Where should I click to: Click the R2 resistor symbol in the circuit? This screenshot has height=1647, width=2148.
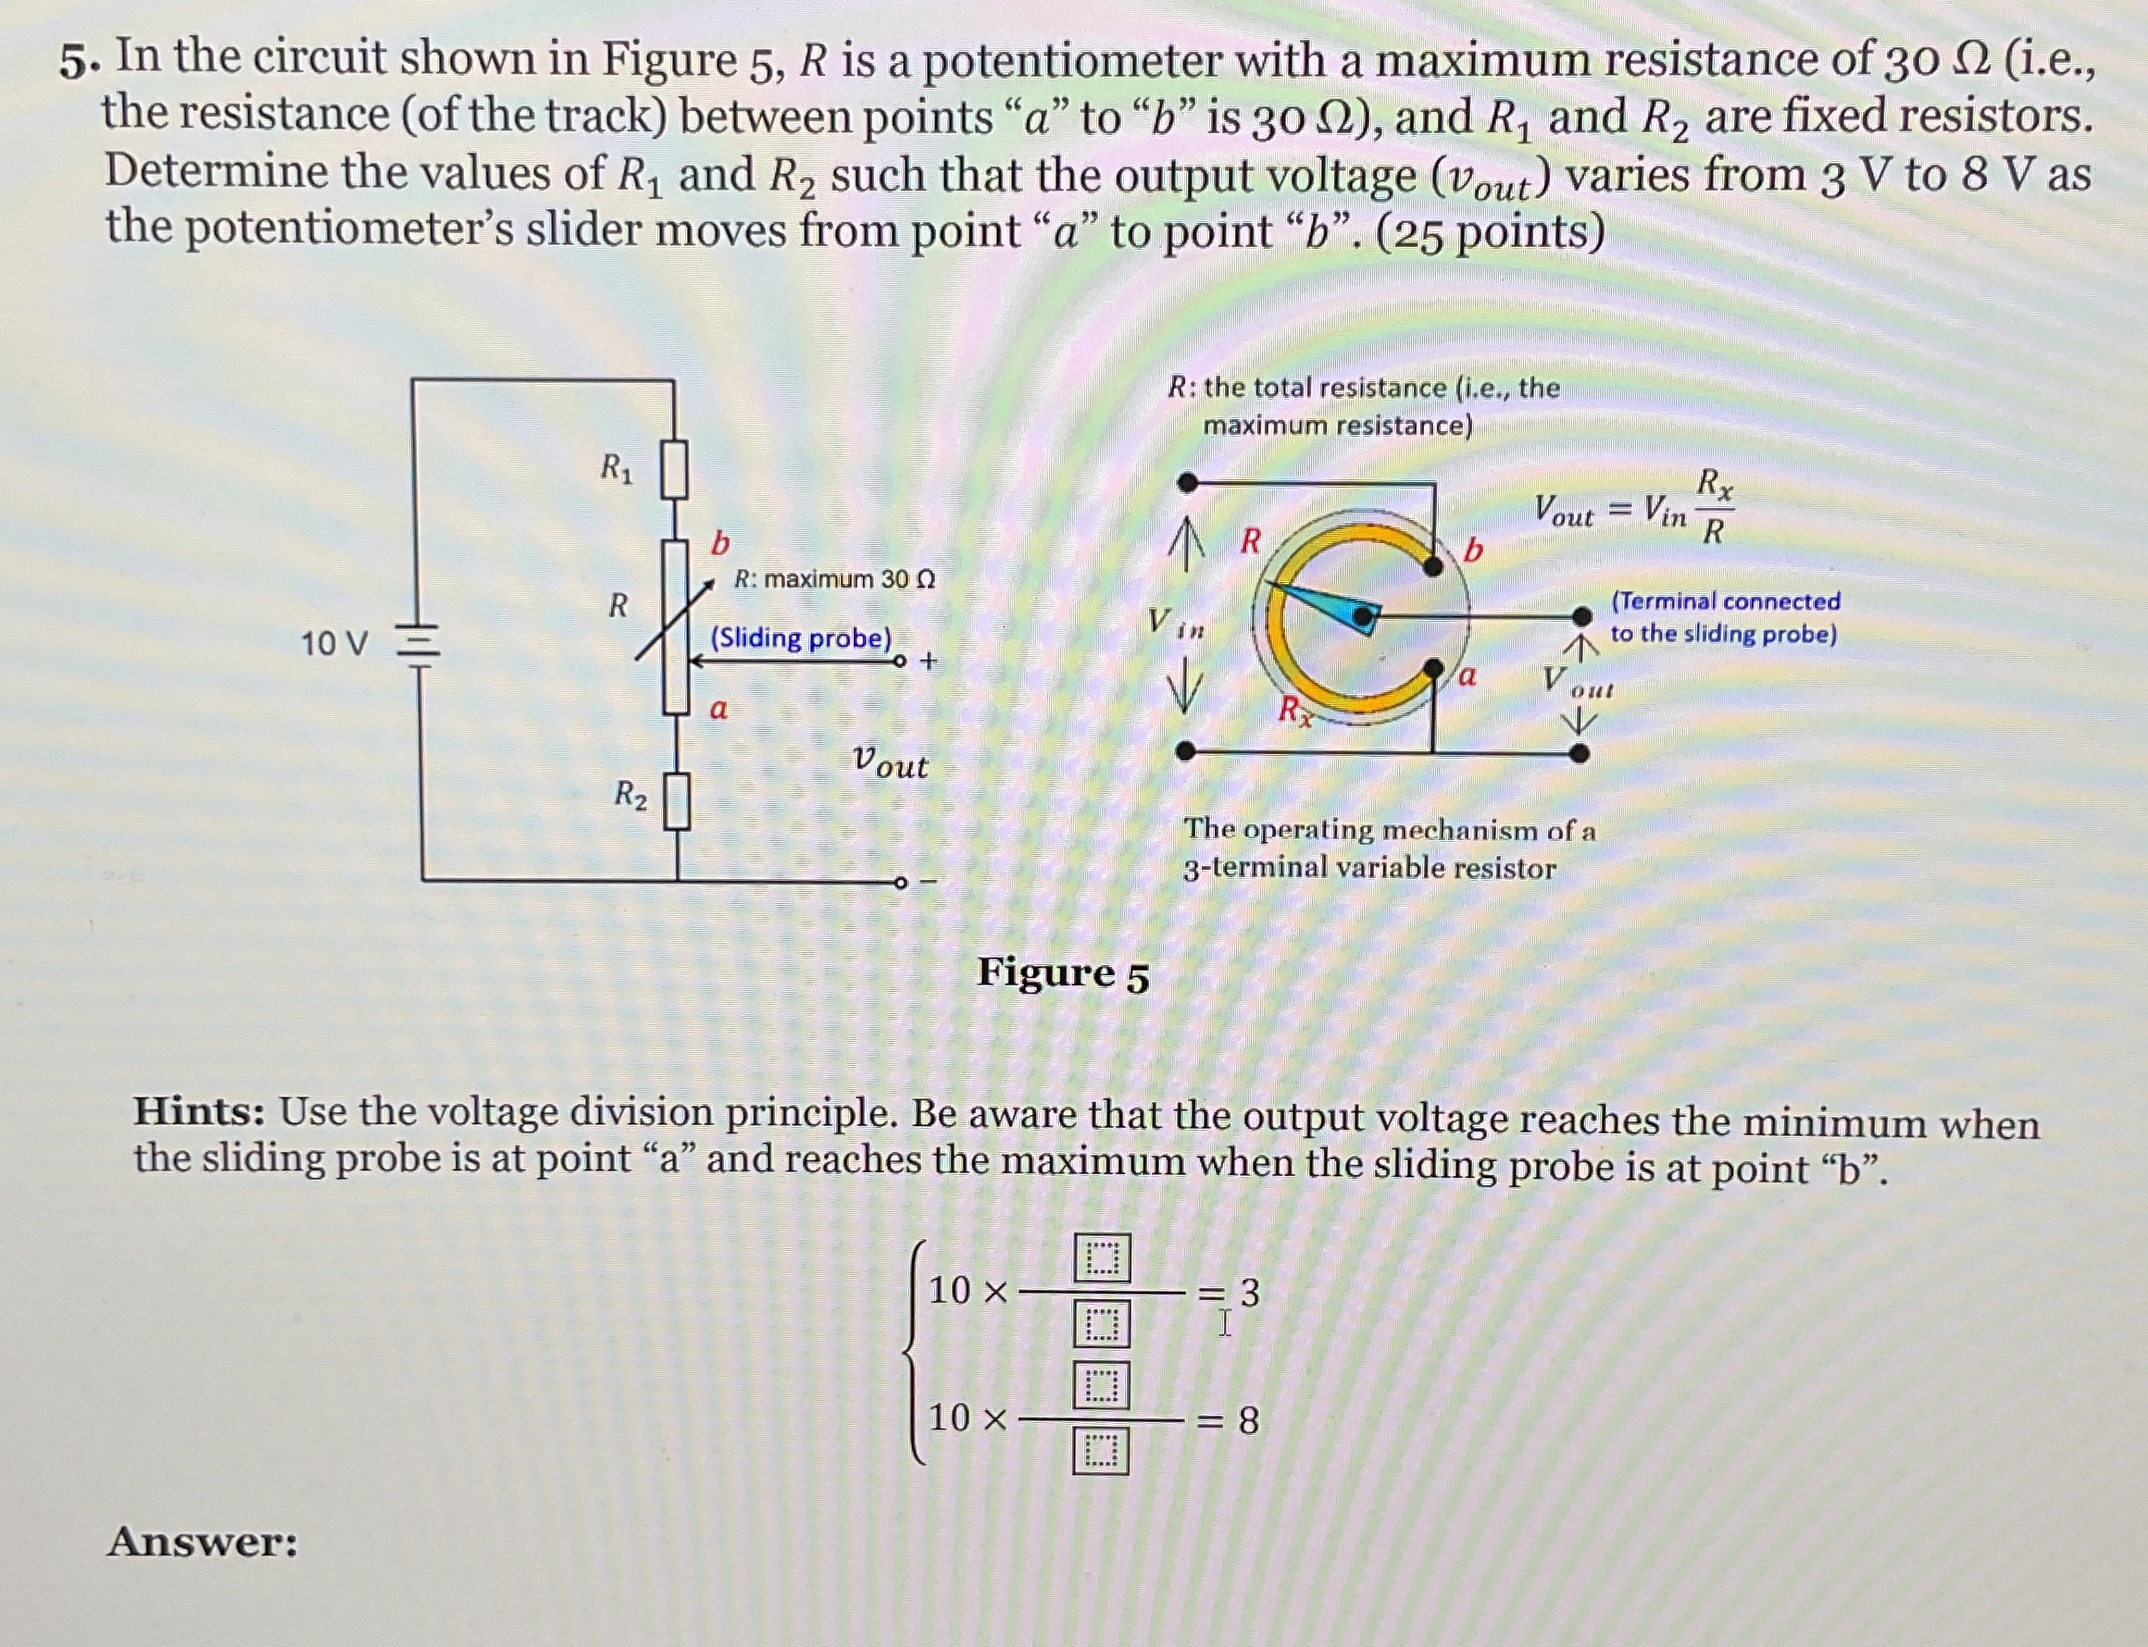(677, 802)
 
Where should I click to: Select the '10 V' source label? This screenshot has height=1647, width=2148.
(333, 645)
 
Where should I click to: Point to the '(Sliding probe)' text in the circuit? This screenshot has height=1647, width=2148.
(800, 638)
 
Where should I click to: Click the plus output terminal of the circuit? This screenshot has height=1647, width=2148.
(900, 662)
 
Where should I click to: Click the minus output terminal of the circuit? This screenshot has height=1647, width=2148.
(900, 884)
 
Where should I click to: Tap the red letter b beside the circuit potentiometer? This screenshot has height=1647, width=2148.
(720, 543)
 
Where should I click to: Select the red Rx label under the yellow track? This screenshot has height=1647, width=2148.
(1295, 710)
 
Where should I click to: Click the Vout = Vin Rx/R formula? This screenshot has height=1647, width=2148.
(1633, 508)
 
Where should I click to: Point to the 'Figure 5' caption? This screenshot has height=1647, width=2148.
(1062, 974)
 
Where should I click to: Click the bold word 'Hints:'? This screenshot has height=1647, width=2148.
(199, 1113)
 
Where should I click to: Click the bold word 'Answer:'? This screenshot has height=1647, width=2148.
(202, 1542)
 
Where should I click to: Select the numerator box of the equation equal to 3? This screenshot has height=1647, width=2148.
(1103, 1257)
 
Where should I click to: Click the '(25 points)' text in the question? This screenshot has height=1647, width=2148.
(1491, 233)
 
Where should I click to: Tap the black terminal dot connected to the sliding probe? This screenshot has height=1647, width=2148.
(1581, 615)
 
